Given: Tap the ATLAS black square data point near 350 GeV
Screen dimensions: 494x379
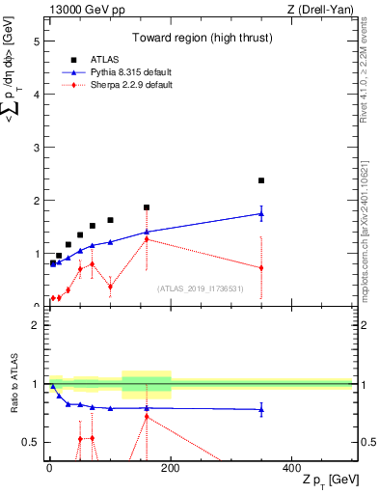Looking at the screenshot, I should pos(261,180).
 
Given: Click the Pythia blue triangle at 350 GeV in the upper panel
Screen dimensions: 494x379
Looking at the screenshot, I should pos(261,213).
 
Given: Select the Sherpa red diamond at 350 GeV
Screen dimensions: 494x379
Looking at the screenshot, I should pos(261,267).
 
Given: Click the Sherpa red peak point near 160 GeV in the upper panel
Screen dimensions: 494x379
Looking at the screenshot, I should pos(147,238).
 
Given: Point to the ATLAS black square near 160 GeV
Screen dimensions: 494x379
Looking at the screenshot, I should pos(147,207).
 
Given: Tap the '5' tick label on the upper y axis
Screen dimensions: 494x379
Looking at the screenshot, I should pos(38,42).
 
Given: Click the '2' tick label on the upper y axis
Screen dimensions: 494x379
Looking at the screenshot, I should pos(38,201).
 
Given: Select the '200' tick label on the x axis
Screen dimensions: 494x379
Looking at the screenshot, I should pos(171,467).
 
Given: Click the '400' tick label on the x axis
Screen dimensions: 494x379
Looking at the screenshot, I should pos(291,467).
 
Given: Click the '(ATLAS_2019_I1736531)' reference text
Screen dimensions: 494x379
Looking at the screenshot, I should pos(201,288).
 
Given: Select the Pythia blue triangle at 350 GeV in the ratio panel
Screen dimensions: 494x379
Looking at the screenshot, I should pos(261,410).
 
